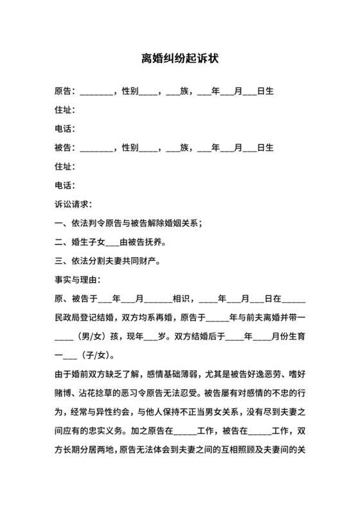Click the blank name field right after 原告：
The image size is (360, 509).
97,92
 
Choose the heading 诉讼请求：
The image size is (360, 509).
74,205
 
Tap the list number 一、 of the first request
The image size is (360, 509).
62,224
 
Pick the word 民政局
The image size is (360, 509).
66,318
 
